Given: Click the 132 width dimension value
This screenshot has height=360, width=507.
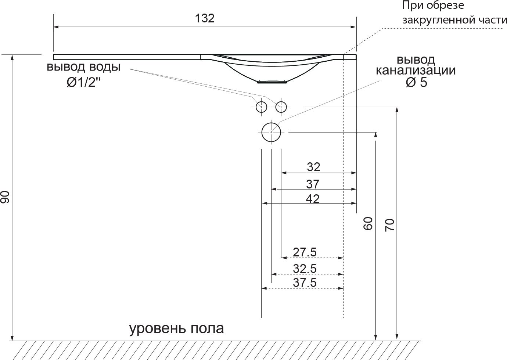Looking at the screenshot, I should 205,19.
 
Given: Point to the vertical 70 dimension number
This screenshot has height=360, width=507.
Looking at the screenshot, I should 389,224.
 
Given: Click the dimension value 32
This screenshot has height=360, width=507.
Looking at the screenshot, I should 313,167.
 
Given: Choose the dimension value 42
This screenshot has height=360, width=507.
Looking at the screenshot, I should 313,198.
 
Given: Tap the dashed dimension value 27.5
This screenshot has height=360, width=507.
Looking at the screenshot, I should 305,252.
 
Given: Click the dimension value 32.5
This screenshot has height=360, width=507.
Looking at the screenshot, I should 305,269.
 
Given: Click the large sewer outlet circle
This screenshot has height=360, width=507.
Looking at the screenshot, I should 271,132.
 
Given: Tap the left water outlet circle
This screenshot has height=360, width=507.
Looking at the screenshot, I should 261,107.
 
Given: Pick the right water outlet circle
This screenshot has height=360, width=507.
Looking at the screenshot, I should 281,107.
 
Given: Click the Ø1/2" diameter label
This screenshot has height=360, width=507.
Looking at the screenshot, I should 84,83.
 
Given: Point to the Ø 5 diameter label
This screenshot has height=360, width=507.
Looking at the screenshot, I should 417,83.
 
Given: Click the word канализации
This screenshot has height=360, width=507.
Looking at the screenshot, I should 416,70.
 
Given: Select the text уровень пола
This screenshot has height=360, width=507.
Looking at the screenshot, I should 176,328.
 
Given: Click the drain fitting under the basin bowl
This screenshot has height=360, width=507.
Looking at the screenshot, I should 272,82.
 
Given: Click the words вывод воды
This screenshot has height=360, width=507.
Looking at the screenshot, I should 83,67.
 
